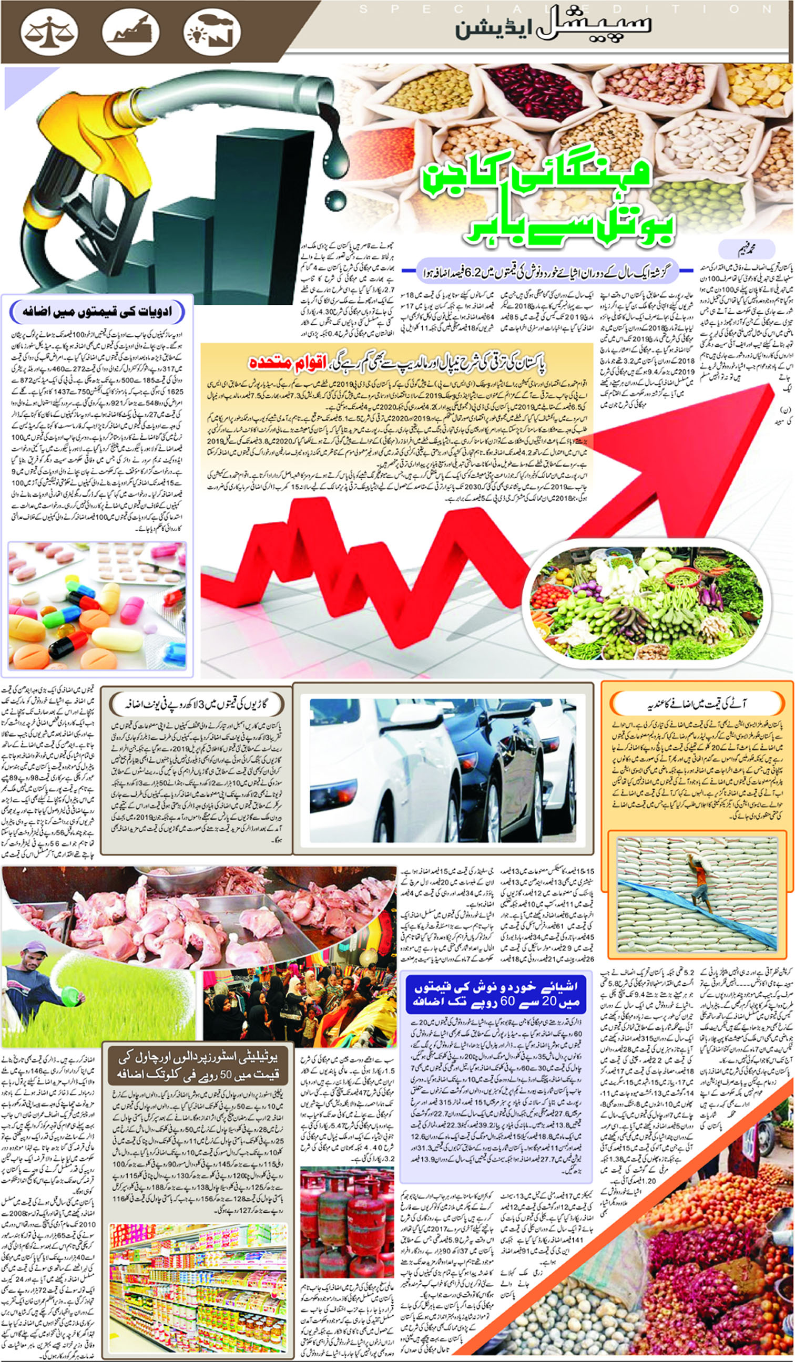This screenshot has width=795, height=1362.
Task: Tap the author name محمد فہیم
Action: [x=747, y=249]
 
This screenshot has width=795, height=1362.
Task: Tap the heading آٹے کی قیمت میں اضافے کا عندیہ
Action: [x=697, y=704]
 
